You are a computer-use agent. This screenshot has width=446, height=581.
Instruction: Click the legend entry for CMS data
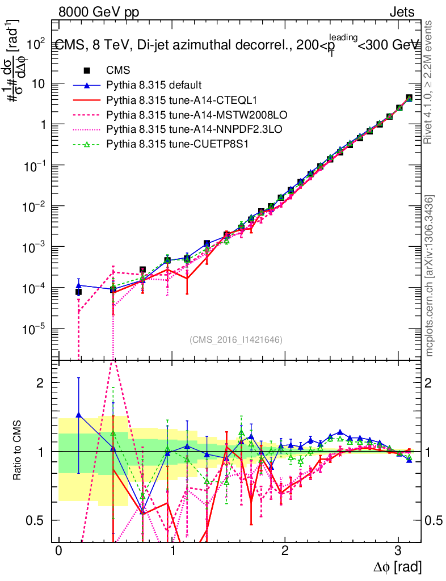click(118, 70)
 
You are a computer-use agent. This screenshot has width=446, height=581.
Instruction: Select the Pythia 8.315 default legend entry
click(154, 85)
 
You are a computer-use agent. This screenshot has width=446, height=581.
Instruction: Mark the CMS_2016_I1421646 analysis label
click(236, 339)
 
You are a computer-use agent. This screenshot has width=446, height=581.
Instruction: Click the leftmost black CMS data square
click(78, 292)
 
